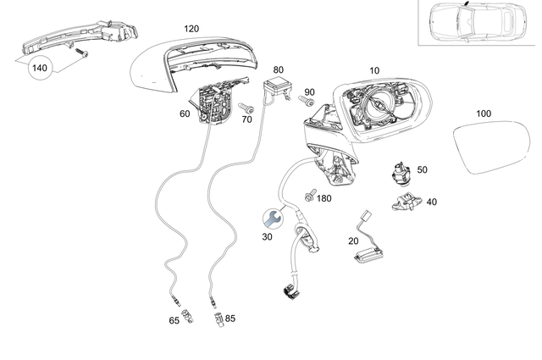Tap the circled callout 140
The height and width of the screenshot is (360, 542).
[40, 67]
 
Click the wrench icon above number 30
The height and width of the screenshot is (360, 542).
[271, 219]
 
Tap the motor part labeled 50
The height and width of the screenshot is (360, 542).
[398, 172]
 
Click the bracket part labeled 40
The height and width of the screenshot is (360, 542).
[406, 201]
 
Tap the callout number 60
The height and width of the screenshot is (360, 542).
[185, 113]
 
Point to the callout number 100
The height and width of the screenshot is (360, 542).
[484, 113]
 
